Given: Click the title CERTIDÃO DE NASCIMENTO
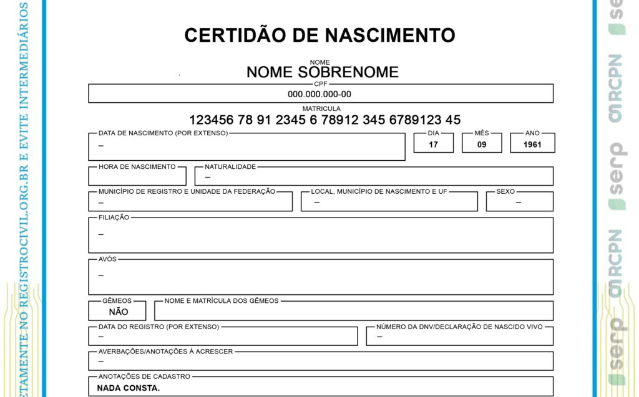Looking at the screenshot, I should [x=319, y=35].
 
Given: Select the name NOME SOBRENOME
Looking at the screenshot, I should [x=322, y=72].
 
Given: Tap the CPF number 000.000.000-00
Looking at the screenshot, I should [x=319, y=95].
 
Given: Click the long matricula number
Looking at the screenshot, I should [x=324, y=120].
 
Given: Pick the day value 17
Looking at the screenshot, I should [x=434, y=145].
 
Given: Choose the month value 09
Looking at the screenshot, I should [x=482, y=145].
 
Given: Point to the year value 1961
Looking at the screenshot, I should [x=532, y=145].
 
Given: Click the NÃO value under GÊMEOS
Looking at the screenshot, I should [x=119, y=312].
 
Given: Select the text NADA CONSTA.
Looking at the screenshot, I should [x=129, y=388].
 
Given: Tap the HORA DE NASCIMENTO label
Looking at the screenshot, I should [x=137, y=167].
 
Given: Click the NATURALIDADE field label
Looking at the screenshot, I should [x=230, y=167].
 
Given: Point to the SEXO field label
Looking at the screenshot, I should [x=505, y=191].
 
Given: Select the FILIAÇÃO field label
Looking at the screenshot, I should [x=114, y=218].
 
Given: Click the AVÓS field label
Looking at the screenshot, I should [x=107, y=259].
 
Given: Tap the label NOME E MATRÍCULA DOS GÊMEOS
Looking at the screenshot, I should [x=222, y=301].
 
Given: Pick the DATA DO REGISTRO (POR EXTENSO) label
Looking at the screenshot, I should [x=159, y=327].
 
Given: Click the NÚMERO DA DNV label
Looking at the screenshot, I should [x=459, y=327].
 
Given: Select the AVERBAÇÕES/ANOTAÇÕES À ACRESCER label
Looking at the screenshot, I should [x=165, y=352].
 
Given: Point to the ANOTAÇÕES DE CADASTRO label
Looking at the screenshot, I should [x=144, y=376].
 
